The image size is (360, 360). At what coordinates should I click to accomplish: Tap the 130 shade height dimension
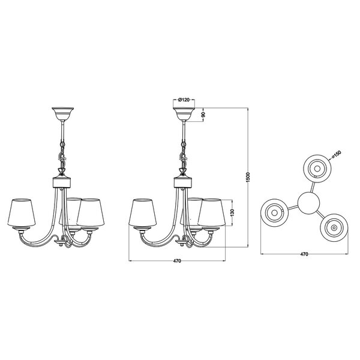point(232,213)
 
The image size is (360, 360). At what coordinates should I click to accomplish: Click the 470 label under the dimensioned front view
point(177,262)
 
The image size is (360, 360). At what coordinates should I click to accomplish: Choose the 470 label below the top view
point(304,254)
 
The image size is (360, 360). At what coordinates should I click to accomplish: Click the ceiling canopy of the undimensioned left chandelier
point(61,112)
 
